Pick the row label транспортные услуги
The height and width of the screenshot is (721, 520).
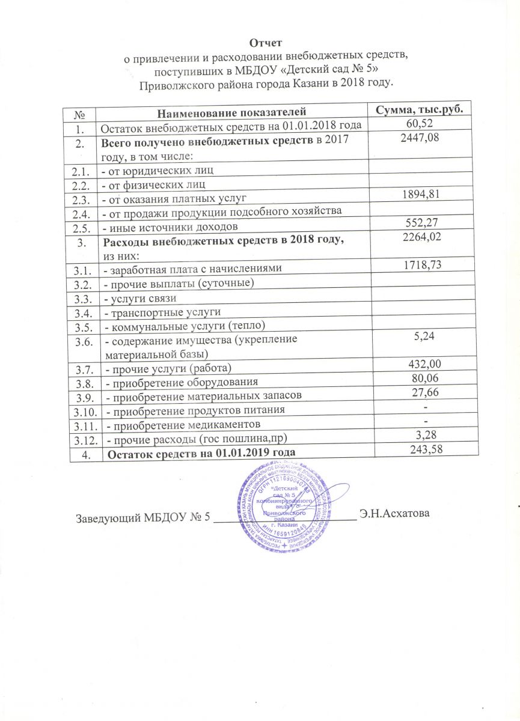tap(163, 313)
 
